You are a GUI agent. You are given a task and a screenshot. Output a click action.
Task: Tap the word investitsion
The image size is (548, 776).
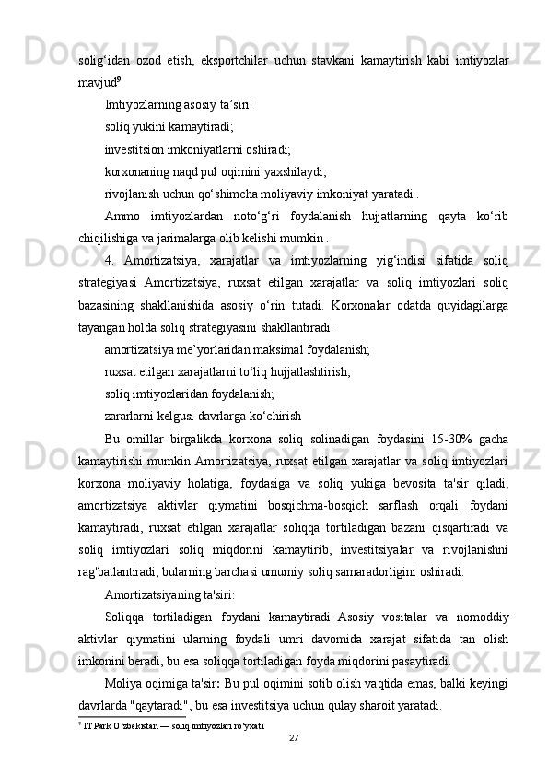(138, 147)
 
